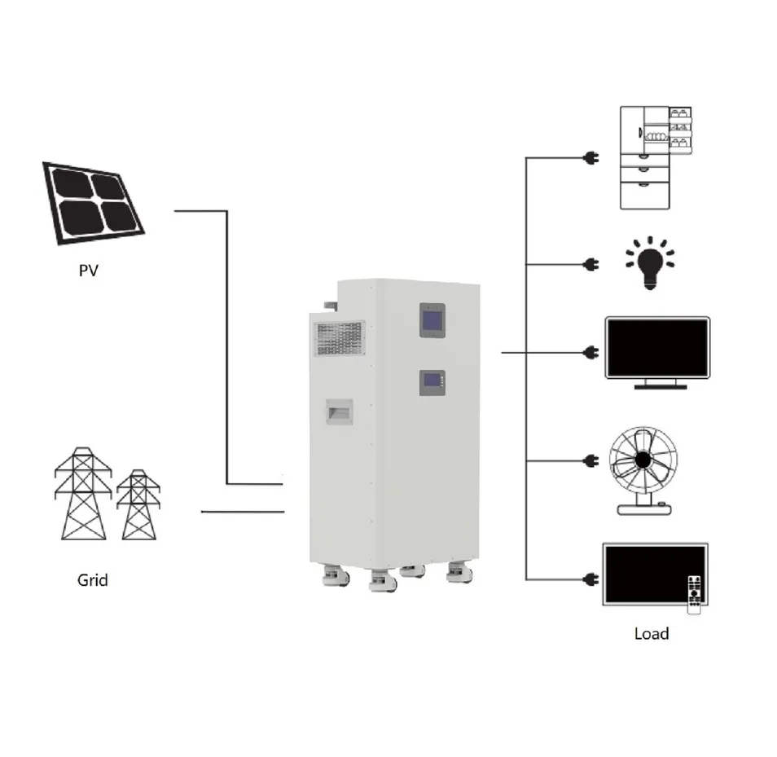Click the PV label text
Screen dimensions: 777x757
[x=89, y=271]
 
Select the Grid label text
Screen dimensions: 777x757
[x=93, y=580]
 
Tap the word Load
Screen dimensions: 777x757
[x=652, y=634]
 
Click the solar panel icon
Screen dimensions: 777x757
[x=93, y=203]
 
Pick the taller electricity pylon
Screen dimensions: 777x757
[x=83, y=493]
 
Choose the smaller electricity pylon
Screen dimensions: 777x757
[x=138, y=504]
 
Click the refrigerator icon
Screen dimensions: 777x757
[x=656, y=157]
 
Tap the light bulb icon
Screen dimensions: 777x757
[x=650, y=263]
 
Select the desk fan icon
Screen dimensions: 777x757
[x=643, y=470]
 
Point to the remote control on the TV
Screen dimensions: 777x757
[x=695, y=594]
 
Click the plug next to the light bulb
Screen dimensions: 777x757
[x=591, y=264]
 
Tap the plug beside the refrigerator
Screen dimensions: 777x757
[x=591, y=158]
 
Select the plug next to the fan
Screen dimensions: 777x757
[x=591, y=461]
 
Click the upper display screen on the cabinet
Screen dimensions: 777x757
[x=432, y=320]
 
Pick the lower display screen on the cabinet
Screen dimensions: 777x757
[x=432, y=383]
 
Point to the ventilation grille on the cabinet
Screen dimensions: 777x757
[x=340, y=338]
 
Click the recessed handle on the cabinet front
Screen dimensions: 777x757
[x=340, y=412]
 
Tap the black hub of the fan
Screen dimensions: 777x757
[x=643, y=460]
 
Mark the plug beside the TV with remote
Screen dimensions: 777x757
[x=591, y=579]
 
